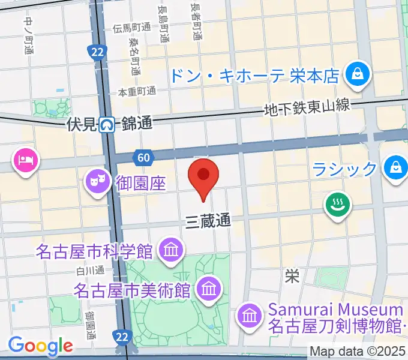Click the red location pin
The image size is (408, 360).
[x=203, y=175]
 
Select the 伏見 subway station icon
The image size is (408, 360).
[x=108, y=125]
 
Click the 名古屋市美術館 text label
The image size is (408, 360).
[x=132, y=290]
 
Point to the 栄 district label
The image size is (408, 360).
[x=292, y=276]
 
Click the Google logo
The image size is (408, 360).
[x=40, y=345]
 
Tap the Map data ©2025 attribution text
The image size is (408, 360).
[x=358, y=351]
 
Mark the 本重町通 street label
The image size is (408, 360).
[x=137, y=91]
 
